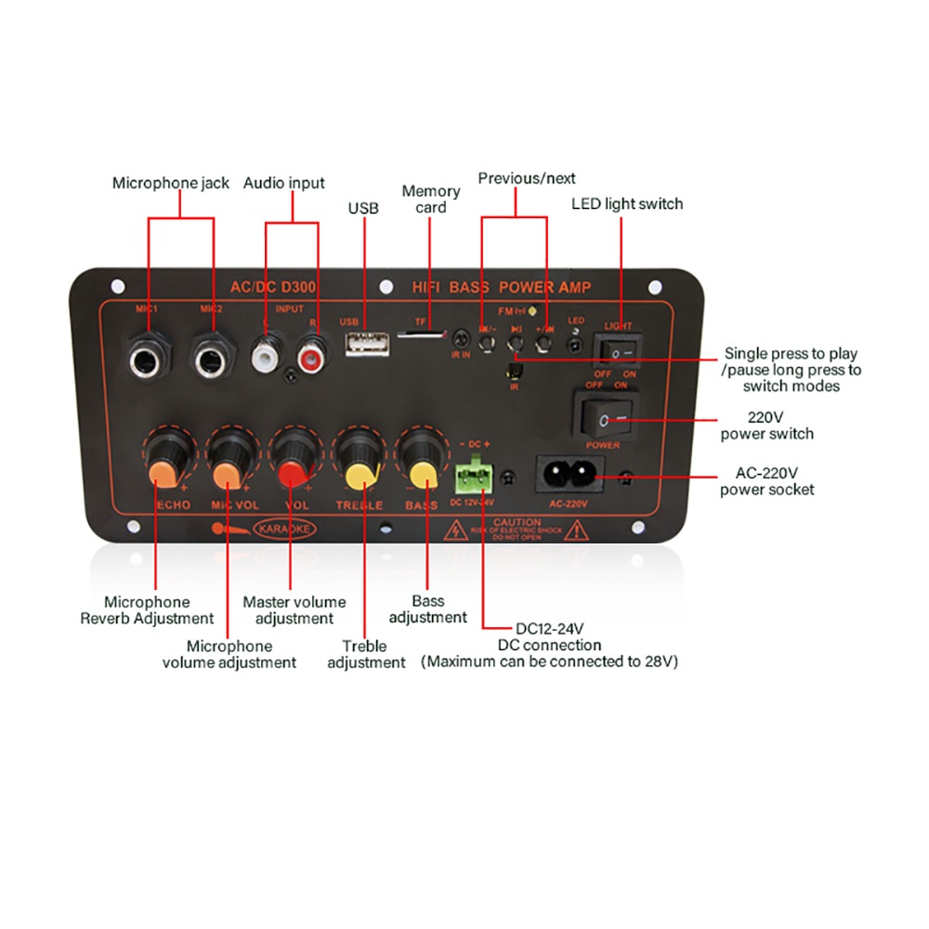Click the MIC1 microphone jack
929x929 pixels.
pos(149,356)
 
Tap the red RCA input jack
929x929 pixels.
pos(309,355)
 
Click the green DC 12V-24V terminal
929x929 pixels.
pos(473,477)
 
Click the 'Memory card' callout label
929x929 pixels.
pos(430,199)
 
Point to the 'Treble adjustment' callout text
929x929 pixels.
pos(366,654)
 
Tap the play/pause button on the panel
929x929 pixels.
pos(516,347)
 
